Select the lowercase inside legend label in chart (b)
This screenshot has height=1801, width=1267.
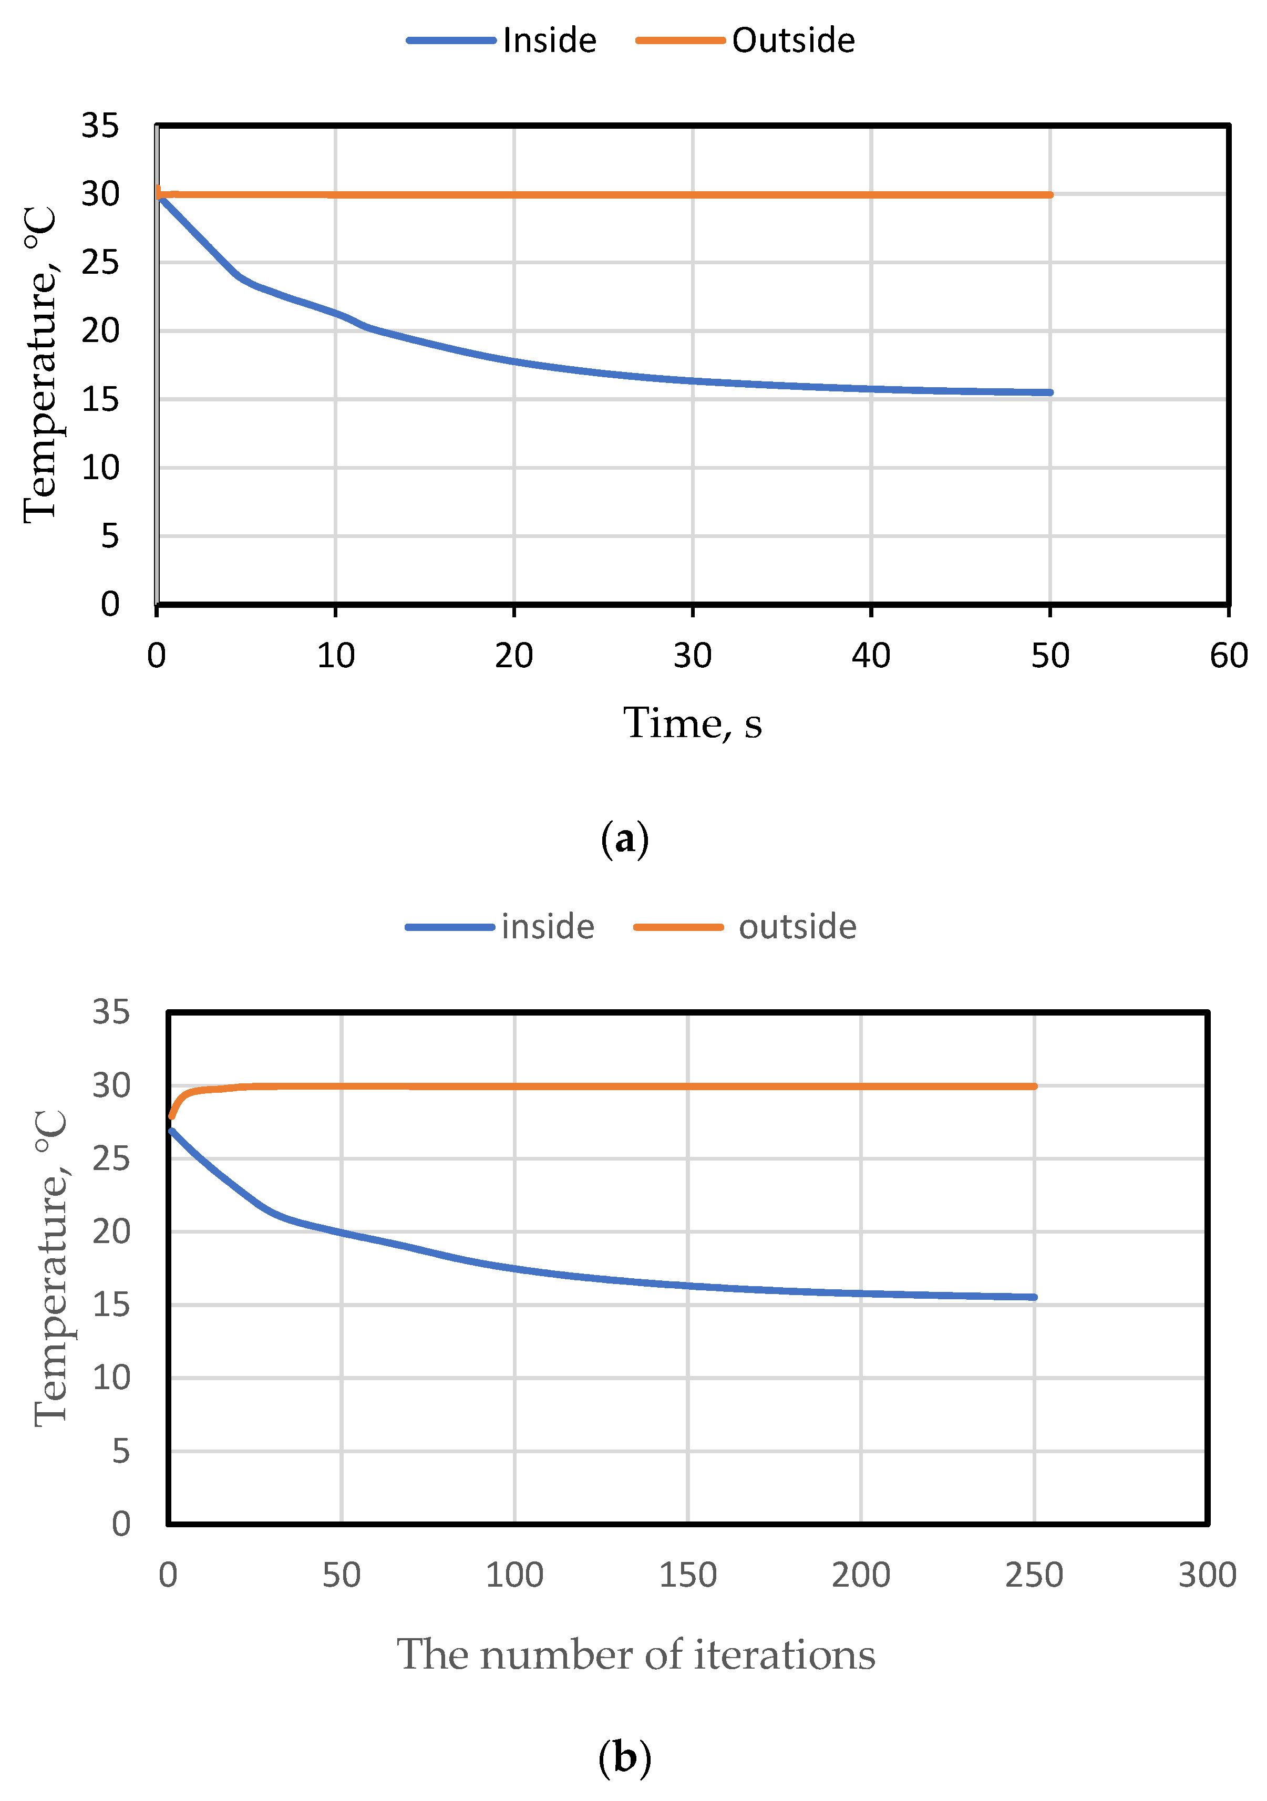click(x=548, y=927)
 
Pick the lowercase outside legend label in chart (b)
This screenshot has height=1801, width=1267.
click(x=797, y=927)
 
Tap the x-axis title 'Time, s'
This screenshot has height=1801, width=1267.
click(x=692, y=723)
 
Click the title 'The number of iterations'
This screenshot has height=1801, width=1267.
click(x=635, y=1655)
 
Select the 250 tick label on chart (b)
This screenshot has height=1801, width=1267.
click(x=1034, y=1575)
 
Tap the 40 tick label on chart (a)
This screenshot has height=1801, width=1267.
click(x=871, y=656)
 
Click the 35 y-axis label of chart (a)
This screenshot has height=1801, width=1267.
click(x=100, y=126)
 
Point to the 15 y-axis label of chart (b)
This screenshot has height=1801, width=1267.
click(x=111, y=1305)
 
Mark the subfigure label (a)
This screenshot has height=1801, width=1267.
click(x=624, y=840)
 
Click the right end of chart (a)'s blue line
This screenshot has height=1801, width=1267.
click(x=1049, y=392)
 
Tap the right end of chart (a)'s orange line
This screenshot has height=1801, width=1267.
click(x=1049, y=194)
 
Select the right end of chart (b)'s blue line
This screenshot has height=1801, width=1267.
click(x=1034, y=1297)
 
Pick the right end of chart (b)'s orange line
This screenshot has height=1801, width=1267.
click(x=1034, y=1086)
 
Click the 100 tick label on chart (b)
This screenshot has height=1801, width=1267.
click(x=514, y=1575)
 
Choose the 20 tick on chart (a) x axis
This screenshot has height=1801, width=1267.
click(x=514, y=656)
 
